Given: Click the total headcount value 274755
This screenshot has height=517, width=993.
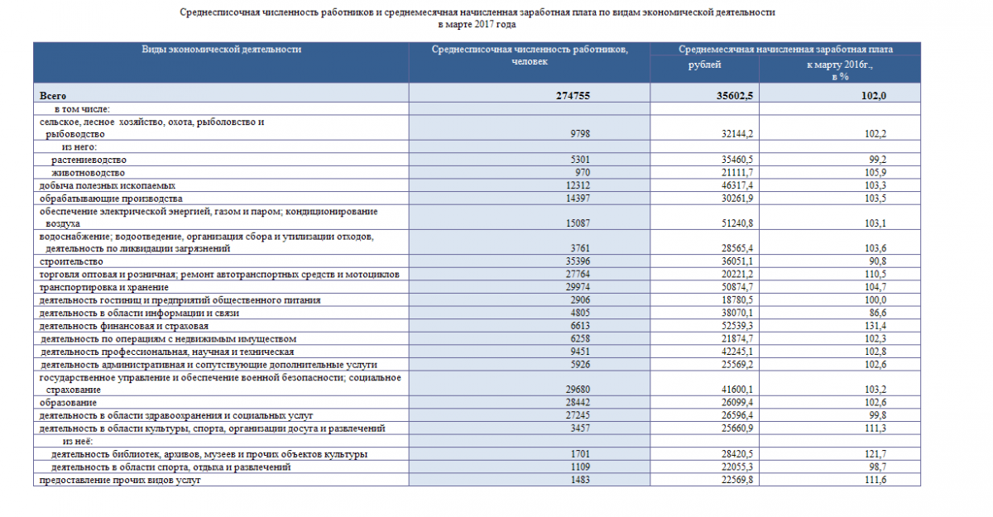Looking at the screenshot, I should (x=573, y=96).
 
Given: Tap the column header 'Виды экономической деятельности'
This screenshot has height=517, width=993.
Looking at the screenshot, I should (x=222, y=50).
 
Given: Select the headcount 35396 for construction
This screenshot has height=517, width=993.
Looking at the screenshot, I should (x=577, y=261).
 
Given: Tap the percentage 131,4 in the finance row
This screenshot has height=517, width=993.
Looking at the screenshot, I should (x=873, y=326).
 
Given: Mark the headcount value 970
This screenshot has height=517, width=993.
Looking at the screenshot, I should (x=582, y=173).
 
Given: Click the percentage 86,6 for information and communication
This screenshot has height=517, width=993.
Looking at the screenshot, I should (x=875, y=314).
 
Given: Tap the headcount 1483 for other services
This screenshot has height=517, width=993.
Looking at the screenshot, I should (x=579, y=481).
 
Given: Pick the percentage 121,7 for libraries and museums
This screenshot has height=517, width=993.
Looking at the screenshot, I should (x=873, y=455).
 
